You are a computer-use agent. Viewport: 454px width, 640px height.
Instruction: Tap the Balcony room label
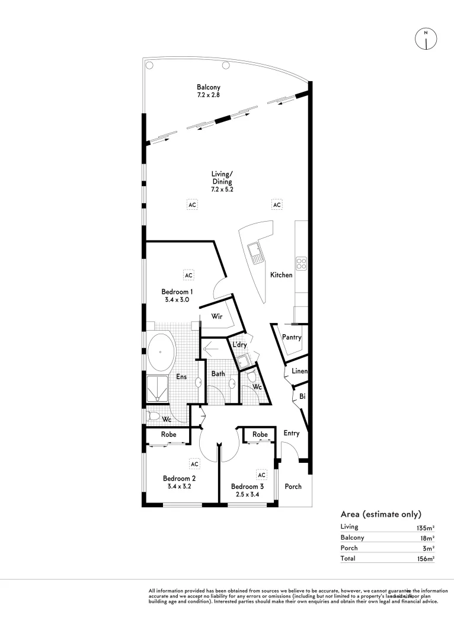pyautogui.click(x=209, y=87)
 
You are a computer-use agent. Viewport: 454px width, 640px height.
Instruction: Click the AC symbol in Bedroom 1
pyautogui.click(x=188, y=276)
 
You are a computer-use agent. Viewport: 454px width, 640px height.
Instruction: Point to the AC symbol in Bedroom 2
pyautogui.click(x=194, y=463)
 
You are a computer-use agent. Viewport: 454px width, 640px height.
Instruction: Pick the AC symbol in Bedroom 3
pyautogui.click(x=261, y=475)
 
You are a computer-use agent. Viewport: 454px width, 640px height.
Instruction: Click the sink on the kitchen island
pyautogui.click(x=256, y=253)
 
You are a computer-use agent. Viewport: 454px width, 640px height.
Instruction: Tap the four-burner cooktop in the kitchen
pyautogui.click(x=301, y=263)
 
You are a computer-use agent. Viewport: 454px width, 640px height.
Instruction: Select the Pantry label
pyautogui.click(x=292, y=337)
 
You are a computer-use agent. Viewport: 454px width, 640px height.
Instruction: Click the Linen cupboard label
pyautogui.click(x=299, y=372)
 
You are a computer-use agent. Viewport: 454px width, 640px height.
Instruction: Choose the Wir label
pyautogui.click(x=216, y=317)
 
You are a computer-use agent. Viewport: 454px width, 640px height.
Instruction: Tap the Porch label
pyautogui.click(x=293, y=487)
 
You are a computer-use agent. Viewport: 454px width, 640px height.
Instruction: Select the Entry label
pyautogui.click(x=291, y=433)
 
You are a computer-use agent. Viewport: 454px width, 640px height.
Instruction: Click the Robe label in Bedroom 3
pyautogui.click(x=260, y=434)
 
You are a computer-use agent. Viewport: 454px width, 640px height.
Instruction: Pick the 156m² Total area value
pyautogui.click(x=425, y=558)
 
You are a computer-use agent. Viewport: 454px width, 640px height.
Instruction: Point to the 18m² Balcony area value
pyautogui.click(x=426, y=537)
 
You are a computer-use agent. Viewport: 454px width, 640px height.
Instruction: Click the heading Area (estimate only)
pyautogui.click(x=381, y=514)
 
